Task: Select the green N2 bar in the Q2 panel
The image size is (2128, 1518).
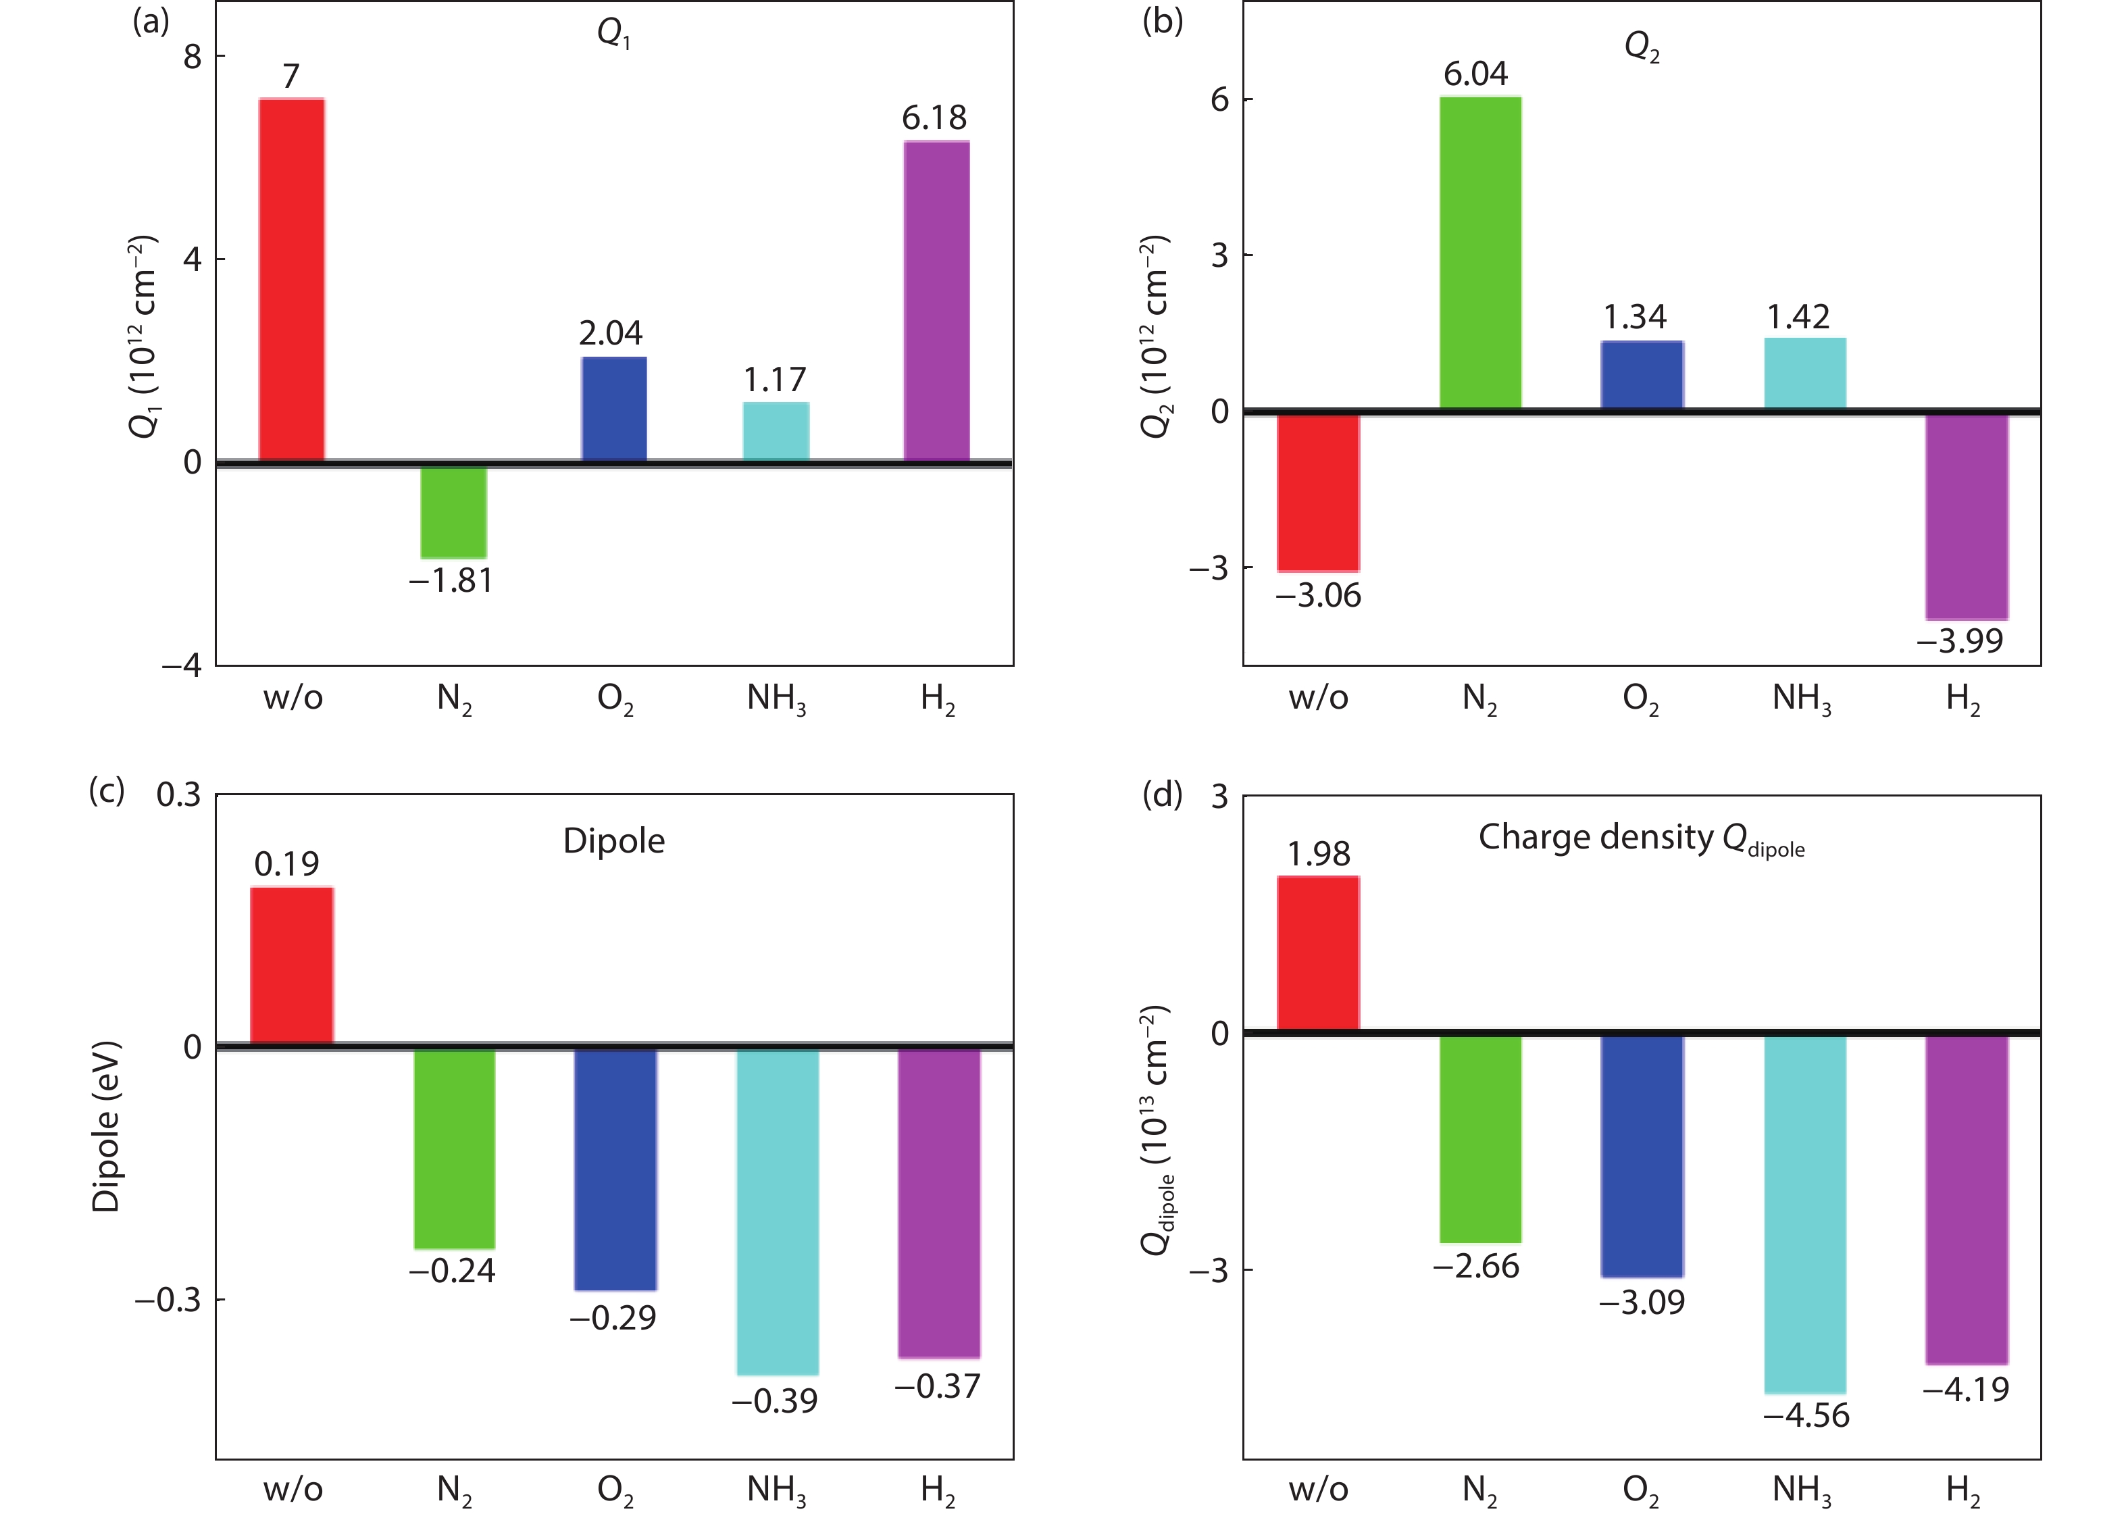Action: tap(1479, 253)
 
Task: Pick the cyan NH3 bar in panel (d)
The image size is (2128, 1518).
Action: tap(1804, 1214)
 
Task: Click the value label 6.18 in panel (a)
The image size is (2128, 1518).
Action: tap(934, 118)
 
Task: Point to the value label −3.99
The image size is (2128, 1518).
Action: tap(1959, 641)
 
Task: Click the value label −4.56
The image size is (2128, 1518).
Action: tap(1806, 1416)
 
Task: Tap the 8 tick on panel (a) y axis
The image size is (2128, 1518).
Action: tap(193, 56)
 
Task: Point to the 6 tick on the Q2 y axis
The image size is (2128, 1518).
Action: tap(1219, 99)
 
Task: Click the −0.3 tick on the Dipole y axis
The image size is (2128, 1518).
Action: tap(168, 1299)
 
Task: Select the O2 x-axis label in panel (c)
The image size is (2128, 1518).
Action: tap(615, 1490)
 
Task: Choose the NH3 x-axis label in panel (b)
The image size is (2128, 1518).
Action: tap(1801, 699)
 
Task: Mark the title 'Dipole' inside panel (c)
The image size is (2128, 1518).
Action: tap(614, 841)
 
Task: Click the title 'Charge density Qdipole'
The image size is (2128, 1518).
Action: tap(1640, 838)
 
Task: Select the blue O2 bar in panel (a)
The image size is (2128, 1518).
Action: tap(614, 409)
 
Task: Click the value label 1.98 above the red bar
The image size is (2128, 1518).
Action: tap(1318, 853)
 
